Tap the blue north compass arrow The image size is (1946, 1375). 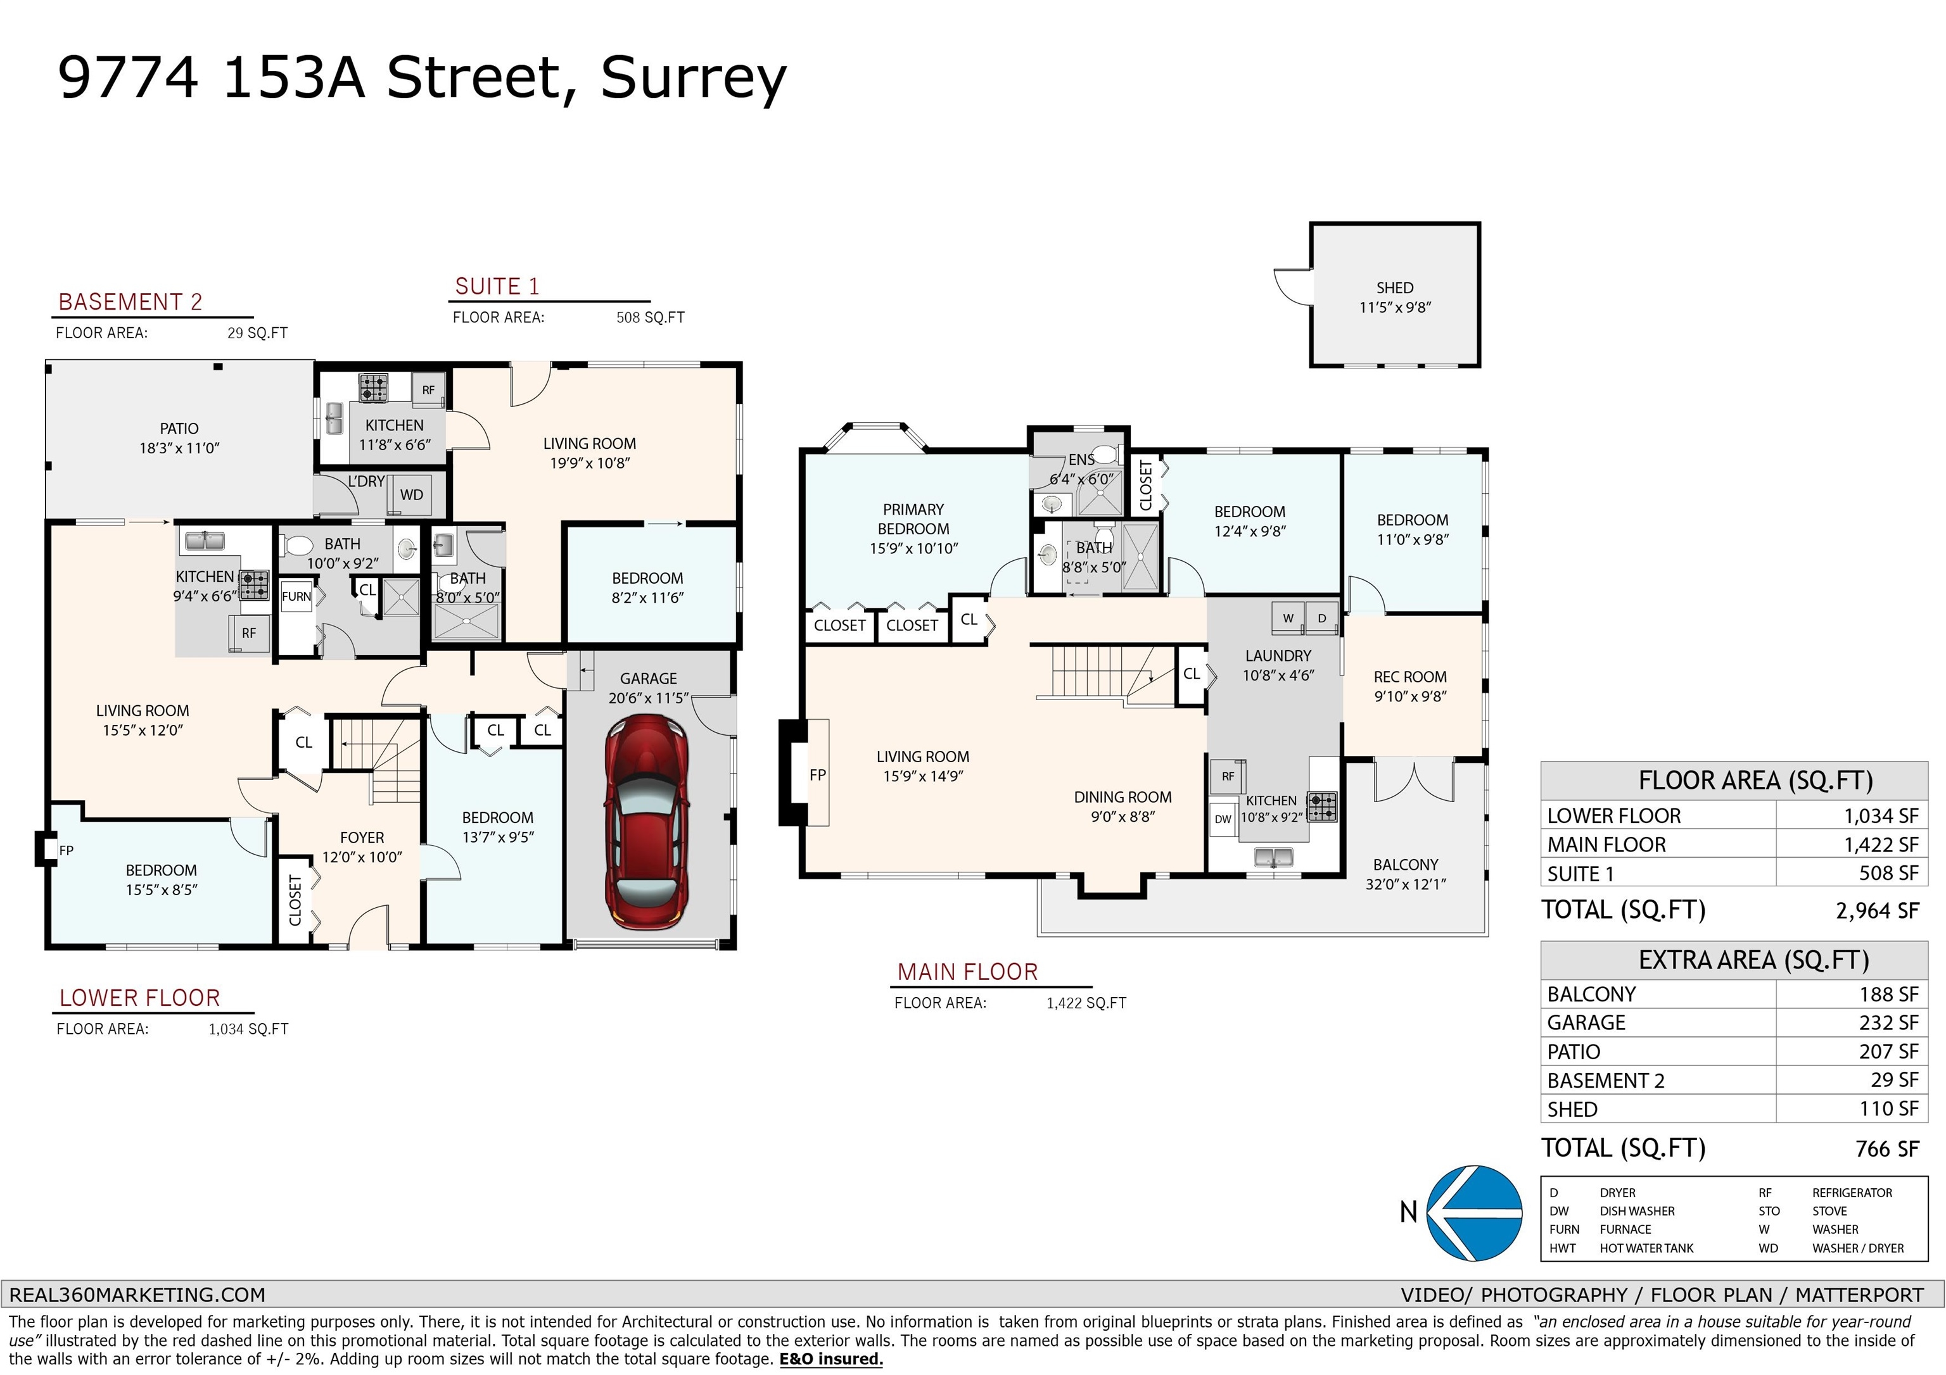click(1475, 1212)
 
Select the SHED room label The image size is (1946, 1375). click(1394, 288)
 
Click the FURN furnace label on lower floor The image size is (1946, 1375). click(296, 596)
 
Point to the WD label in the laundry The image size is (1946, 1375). click(411, 495)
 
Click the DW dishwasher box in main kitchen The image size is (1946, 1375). click(1222, 819)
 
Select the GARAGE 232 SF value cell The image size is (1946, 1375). click(1888, 1022)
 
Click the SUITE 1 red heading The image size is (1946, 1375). click(497, 286)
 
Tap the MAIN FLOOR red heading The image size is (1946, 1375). click(967, 972)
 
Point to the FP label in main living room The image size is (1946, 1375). click(817, 774)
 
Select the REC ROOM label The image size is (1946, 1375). click(1409, 677)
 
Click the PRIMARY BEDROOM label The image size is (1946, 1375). click(913, 518)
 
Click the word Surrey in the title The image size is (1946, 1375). click(693, 78)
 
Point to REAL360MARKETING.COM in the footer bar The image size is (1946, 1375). click(137, 1295)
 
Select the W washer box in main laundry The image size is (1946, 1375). click(1287, 618)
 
